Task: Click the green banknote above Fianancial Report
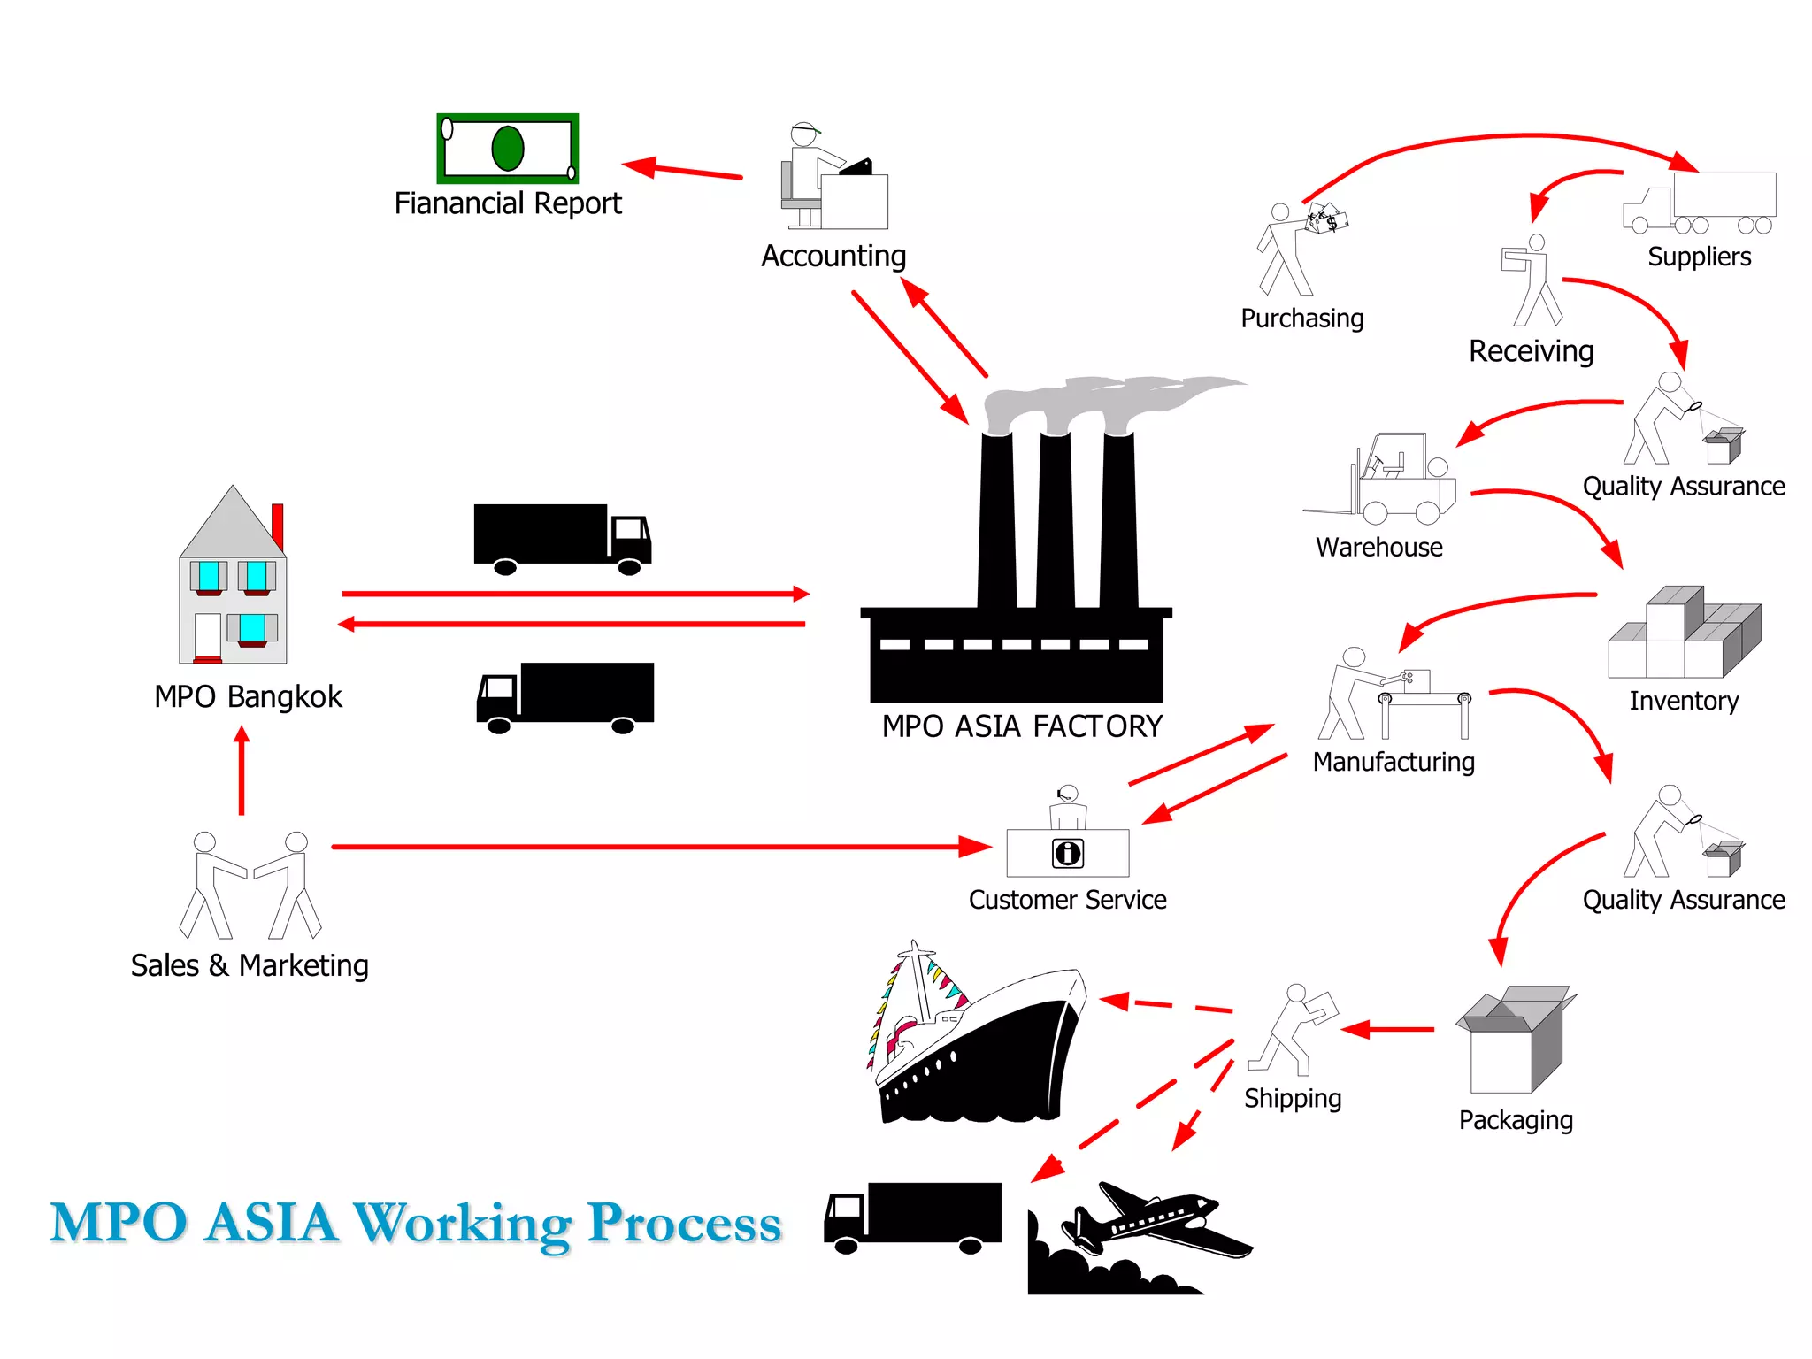coord(508,149)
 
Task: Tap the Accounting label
coord(833,257)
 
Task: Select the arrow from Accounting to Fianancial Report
coord(682,170)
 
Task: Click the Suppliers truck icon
coord(1699,203)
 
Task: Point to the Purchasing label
coord(1301,319)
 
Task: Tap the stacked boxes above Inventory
coord(1684,633)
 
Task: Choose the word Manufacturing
coord(1394,762)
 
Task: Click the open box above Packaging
coord(1514,1040)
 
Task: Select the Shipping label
coord(1292,1098)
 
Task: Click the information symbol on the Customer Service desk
coord(1068,853)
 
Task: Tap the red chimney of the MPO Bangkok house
coord(278,526)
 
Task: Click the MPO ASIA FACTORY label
coord(1022,726)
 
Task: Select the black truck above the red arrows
coord(562,538)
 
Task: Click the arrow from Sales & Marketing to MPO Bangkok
coord(242,770)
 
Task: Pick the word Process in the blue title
coord(684,1224)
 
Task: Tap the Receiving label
coord(1531,351)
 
